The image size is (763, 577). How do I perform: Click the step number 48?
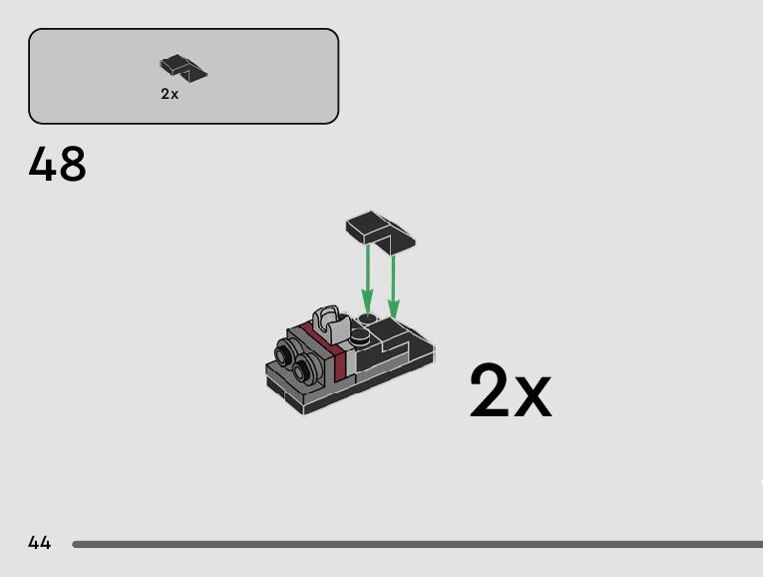58,165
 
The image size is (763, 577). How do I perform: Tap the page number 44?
40,543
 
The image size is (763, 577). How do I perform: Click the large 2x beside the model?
509,392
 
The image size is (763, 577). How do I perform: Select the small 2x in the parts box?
170,94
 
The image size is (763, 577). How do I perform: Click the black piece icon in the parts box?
184,68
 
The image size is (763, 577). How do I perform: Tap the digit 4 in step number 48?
43,165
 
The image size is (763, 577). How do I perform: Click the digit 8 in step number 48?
72,165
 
